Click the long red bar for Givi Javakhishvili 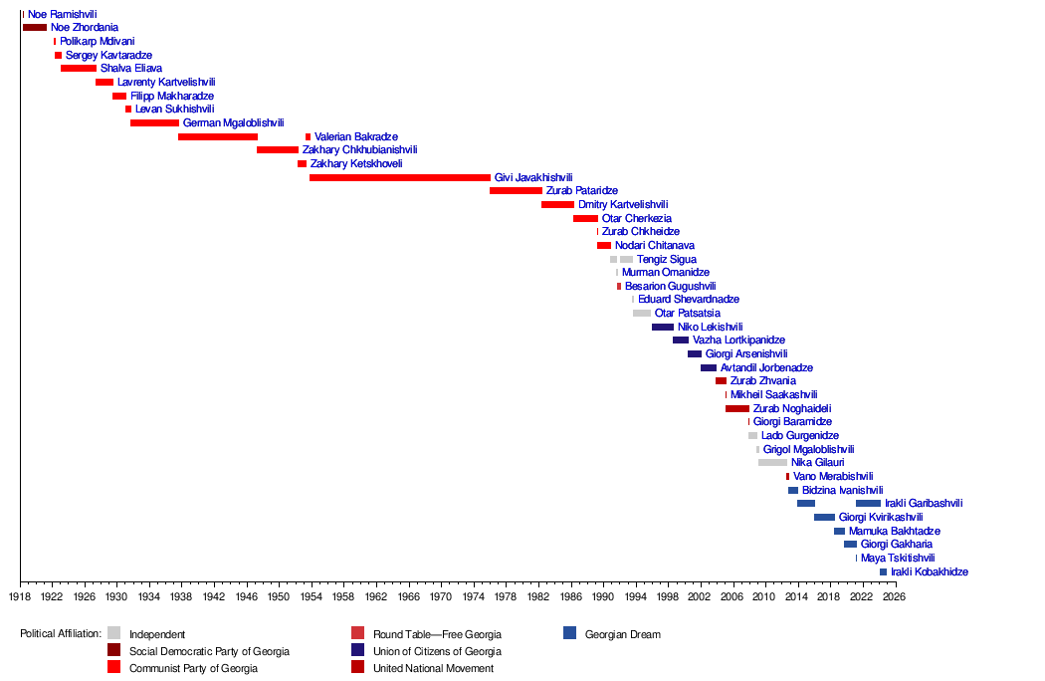(x=400, y=177)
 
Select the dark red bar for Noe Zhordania (x=35, y=27)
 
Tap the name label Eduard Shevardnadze (x=689, y=300)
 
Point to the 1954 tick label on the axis (x=311, y=596)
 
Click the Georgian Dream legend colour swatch (x=570, y=633)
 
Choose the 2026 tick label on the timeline (x=895, y=596)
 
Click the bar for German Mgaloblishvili (x=154, y=122)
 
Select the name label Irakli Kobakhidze (x=929, y=572)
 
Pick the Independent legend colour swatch (x=114, y=633)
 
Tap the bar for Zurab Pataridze (x=516, y=191)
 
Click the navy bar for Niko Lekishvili (x=663, y=327)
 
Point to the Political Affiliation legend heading (x=61, y=633)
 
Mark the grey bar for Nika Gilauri (x=772, y=462)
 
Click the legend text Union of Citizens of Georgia (x=437, y=652)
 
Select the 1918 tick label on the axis (x=20, y=596)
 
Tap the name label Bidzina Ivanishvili (x=842, y=490)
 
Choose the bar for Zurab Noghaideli (x=737, y=408)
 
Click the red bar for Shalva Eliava (x=79, y=68)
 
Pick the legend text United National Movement (x=433, y=668)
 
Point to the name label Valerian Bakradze (x=356, y=136)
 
